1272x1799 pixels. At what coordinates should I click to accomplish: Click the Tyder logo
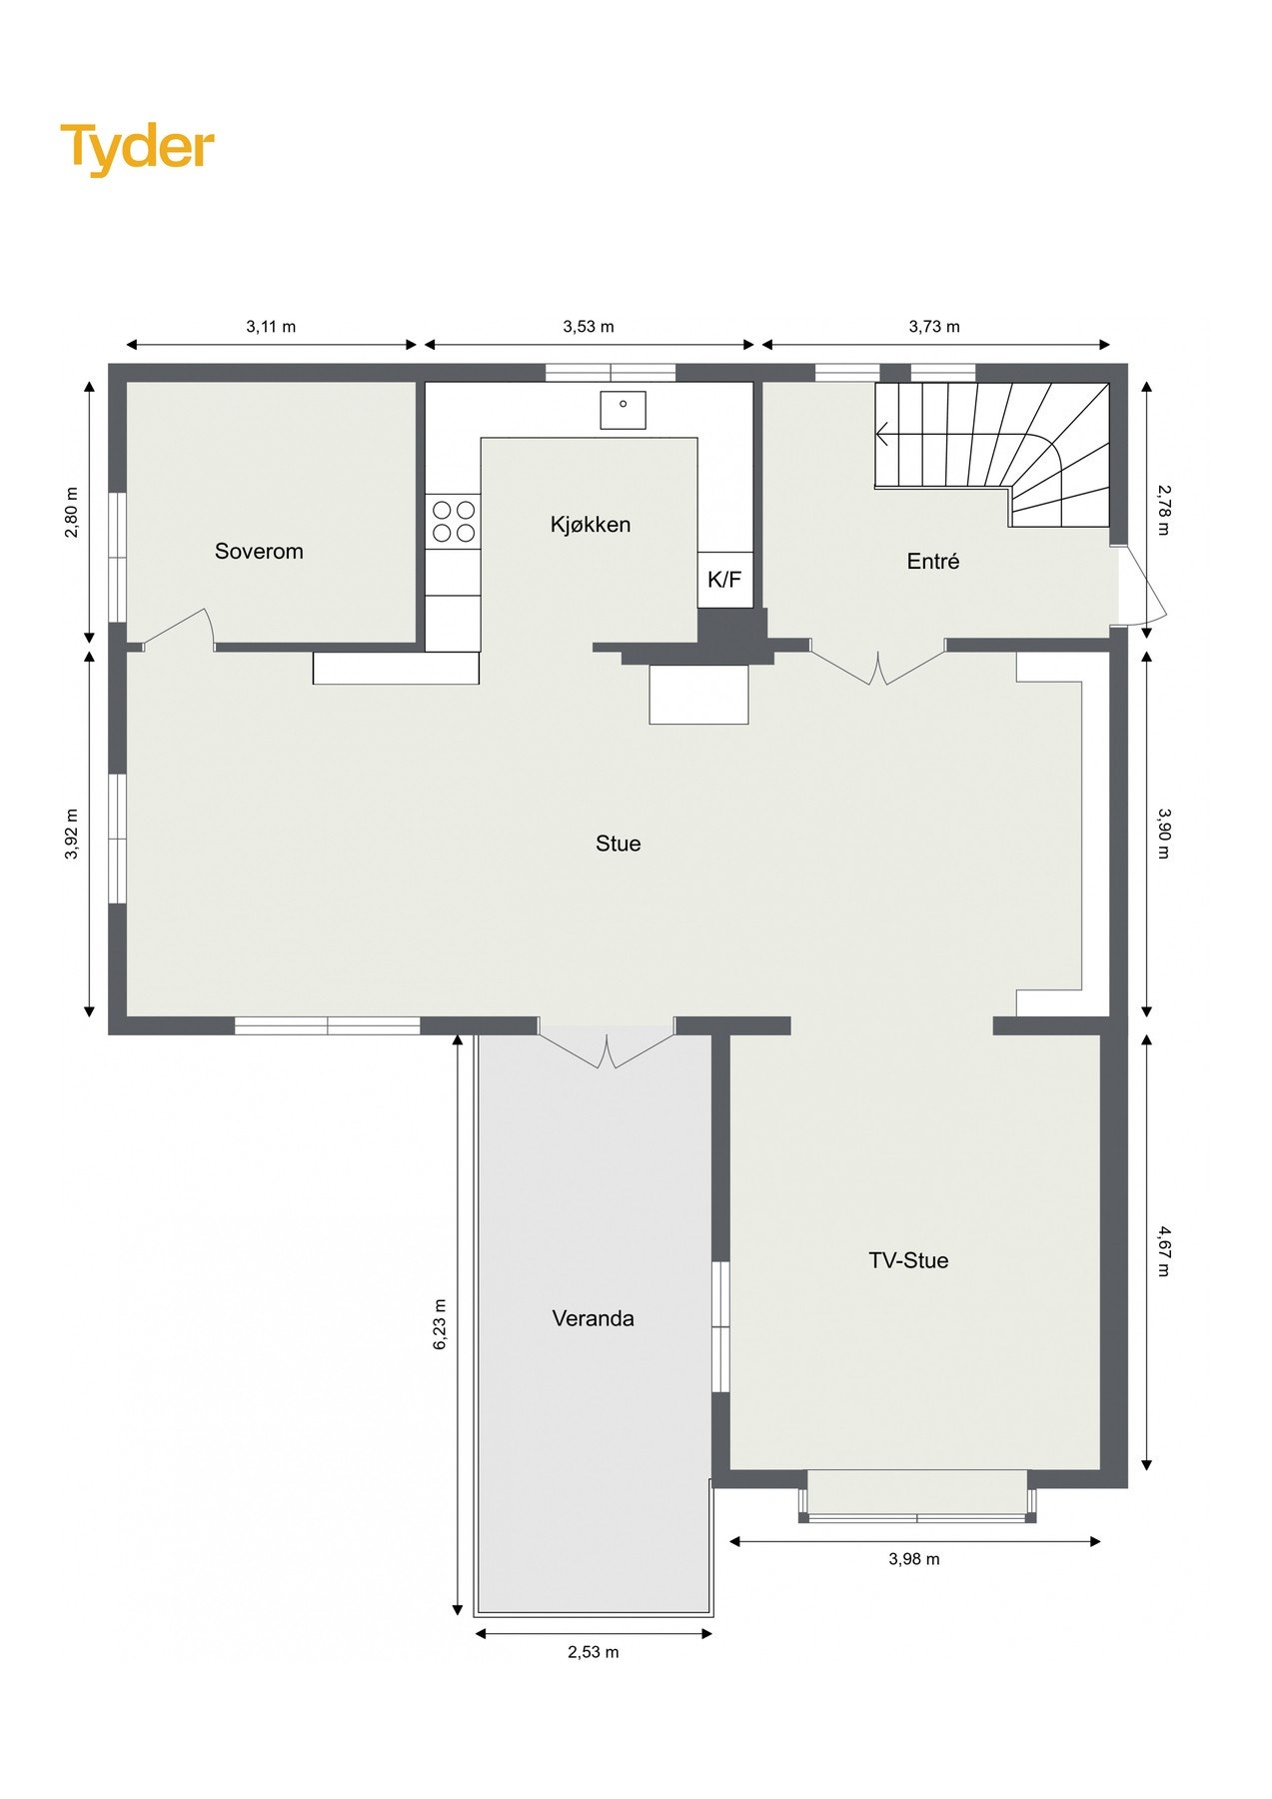(137, 148)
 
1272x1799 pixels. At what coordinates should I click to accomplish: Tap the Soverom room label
(259, 551)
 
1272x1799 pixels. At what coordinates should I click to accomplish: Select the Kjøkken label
(591, 524)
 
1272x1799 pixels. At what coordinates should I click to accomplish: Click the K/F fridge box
(724, 580)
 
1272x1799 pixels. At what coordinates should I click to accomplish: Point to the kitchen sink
(623, 410)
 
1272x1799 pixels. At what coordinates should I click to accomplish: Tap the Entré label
(932, 562)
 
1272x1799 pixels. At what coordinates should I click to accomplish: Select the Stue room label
(618, 844)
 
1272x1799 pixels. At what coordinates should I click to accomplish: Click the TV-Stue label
(908, 1260)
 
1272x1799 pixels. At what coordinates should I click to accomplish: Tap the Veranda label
(593, 1318)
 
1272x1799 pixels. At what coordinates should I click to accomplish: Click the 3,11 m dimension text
(271, 327)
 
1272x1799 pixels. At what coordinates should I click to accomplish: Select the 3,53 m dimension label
(589, 327)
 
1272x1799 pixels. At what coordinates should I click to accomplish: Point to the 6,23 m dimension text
(440, 1325)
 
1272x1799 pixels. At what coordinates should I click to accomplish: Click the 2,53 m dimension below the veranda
(594, 1652)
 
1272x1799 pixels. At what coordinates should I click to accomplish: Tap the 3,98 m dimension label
(914, 1559)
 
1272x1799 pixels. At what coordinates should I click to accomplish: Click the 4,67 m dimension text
(1163, 1251)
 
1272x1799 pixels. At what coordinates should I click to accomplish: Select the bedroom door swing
(180, 629)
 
